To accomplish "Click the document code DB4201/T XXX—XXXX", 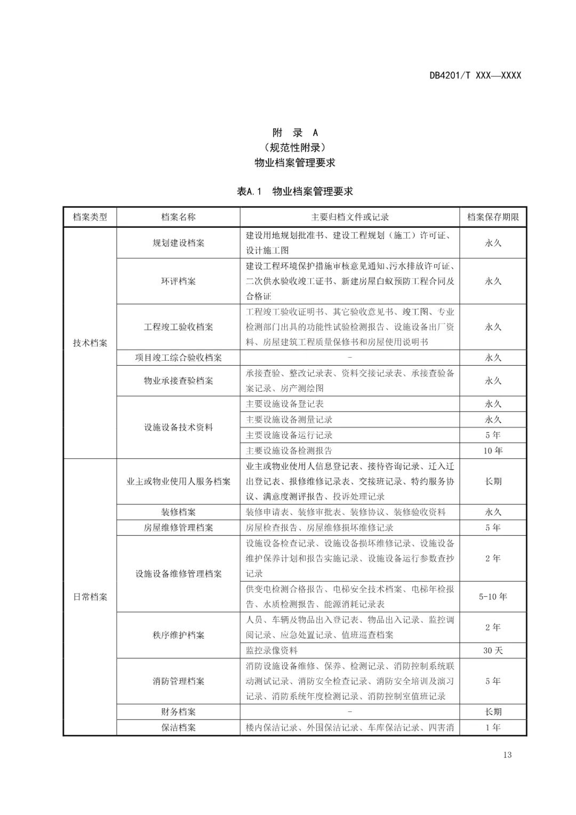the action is pyautogui.click(x=475, y=75).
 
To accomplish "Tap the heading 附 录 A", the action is pyautogui.click(x=294, y=133).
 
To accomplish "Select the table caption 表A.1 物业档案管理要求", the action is pyautogui.click(x=294, y=191).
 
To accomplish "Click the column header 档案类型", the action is pyautogui.click(x=90, y=217).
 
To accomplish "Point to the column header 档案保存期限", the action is pyautogui.click(x=493, y=217).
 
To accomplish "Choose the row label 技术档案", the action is pyautogui.click(x=90, y=343).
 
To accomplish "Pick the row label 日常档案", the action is pyautogui.click(x=90, y=597).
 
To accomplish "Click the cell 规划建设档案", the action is pyautogui.click(x=178, y=243).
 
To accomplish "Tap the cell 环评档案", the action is pyautogui.click(x=178, y=281).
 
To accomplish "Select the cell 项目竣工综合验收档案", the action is pyautogui.click(x=178, y=358).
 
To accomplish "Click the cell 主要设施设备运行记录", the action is pyautogui.click(x=289, y=435).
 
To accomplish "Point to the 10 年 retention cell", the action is pyautogui.click(x=493, y=450).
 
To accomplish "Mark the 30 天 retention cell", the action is pyautogui.click(x=493, y=651).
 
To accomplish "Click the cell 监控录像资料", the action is pyautogui.click(x=271, y=651).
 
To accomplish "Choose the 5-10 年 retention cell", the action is pyautogui.click(x=493, y=597).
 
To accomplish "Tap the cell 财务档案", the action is pyautogui.click(x=178, y=712).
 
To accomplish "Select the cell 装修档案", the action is pyautogui.click(x=178, y=512).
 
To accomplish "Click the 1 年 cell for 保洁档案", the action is pyautogui.click(x=493, y=727).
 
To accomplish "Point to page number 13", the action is pyautogui.click(x=507, y=755).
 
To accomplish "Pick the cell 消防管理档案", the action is pyautogui.click(x=178, y=682).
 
